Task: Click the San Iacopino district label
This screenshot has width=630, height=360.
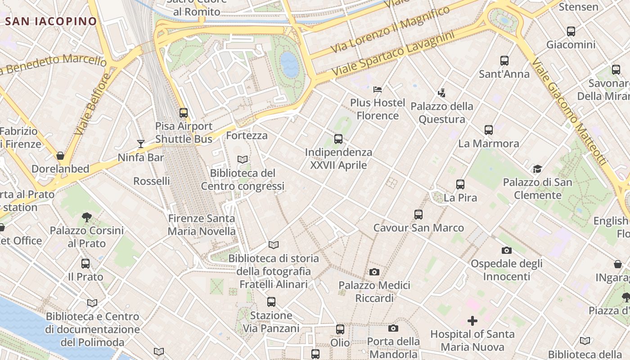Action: click(x=51, y=21)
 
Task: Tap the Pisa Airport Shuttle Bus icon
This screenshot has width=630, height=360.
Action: click(x=183, y=112)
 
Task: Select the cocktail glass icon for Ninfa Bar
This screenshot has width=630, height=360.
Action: click(x=141, y=144)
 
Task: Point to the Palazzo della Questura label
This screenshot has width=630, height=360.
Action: click(x=442, y=112)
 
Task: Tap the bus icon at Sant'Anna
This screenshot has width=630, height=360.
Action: click(x=504, y=61)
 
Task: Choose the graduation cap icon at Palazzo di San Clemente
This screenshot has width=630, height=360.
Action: click(x=537, y=169)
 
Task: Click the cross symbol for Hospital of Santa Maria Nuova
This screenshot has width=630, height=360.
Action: click(x=472, y=321)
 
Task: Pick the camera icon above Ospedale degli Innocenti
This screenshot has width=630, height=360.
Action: click(x=506, y=250)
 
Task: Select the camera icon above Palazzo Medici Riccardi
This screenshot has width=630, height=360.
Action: click(x=374, y=272)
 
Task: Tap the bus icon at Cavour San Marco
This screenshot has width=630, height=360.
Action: click(x=418, y=215)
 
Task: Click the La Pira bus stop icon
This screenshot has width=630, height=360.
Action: click(x=460, y=184)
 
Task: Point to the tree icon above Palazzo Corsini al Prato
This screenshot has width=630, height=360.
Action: click(x=87, y=218)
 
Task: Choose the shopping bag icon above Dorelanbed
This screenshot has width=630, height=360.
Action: click(x=60, y=156)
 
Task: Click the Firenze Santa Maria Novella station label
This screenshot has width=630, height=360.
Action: click(x=202, y=225)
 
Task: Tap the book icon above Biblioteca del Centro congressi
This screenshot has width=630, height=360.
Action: click(x=243, y=159)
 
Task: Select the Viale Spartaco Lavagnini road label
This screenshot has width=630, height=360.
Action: click(x=392, y=54)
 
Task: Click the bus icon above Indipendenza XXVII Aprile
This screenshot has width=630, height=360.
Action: click(x=338, y=139)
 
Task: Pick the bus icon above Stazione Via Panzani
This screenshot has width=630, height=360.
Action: click(x=271, y=302)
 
